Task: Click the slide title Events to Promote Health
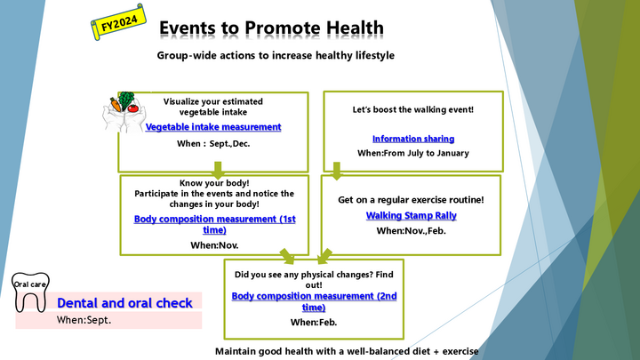[271, 28]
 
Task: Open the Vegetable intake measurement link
[213, 127]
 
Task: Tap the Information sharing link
[413, 139]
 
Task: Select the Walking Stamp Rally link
[411, 215]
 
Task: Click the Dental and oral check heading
[124, 303]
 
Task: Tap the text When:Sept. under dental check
[84, 319]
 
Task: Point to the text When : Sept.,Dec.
[213, 143]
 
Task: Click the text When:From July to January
[413, 153]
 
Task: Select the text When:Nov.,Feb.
[411, 230]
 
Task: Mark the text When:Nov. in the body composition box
[214, 244]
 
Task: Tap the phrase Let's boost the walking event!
[413, 109]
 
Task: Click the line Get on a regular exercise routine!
[411, 200]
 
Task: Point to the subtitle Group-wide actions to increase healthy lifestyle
[276, 56]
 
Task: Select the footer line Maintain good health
[347, 351]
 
